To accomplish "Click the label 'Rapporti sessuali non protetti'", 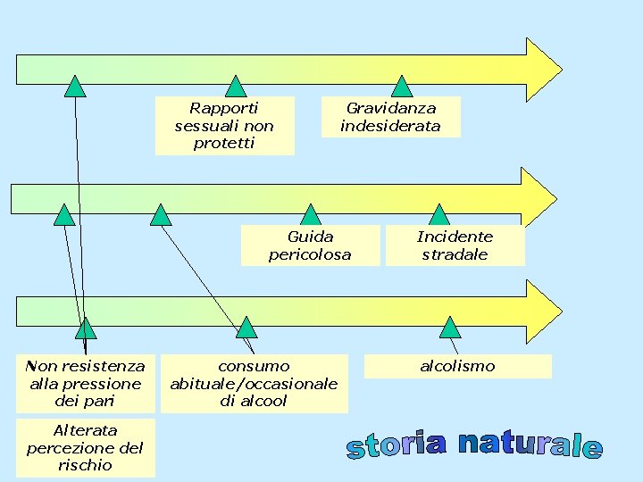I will pos(224,125).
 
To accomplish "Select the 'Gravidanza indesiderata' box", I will pos(390,117).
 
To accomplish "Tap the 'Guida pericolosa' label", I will pos(310,245).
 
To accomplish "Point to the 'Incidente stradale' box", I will pos(455,245).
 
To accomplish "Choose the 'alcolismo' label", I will pos(457,366).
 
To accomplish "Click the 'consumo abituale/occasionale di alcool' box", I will pos(254,384).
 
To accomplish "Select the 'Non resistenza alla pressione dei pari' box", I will pos(85,384).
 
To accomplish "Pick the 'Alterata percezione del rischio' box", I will pos(85,447).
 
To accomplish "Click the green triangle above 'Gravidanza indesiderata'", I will pos(403,87).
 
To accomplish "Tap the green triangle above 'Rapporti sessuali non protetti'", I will pos(236,87).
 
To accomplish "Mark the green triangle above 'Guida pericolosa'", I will pos(311,215).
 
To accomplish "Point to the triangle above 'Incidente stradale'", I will pos(439,215).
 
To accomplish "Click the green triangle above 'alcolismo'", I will pos(450,328).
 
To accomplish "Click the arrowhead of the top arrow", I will pos(542,69).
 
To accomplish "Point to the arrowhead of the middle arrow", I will pos(538,197).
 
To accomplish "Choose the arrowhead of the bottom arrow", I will pos(542,312).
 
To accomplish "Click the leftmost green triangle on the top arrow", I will pos(75,87).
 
